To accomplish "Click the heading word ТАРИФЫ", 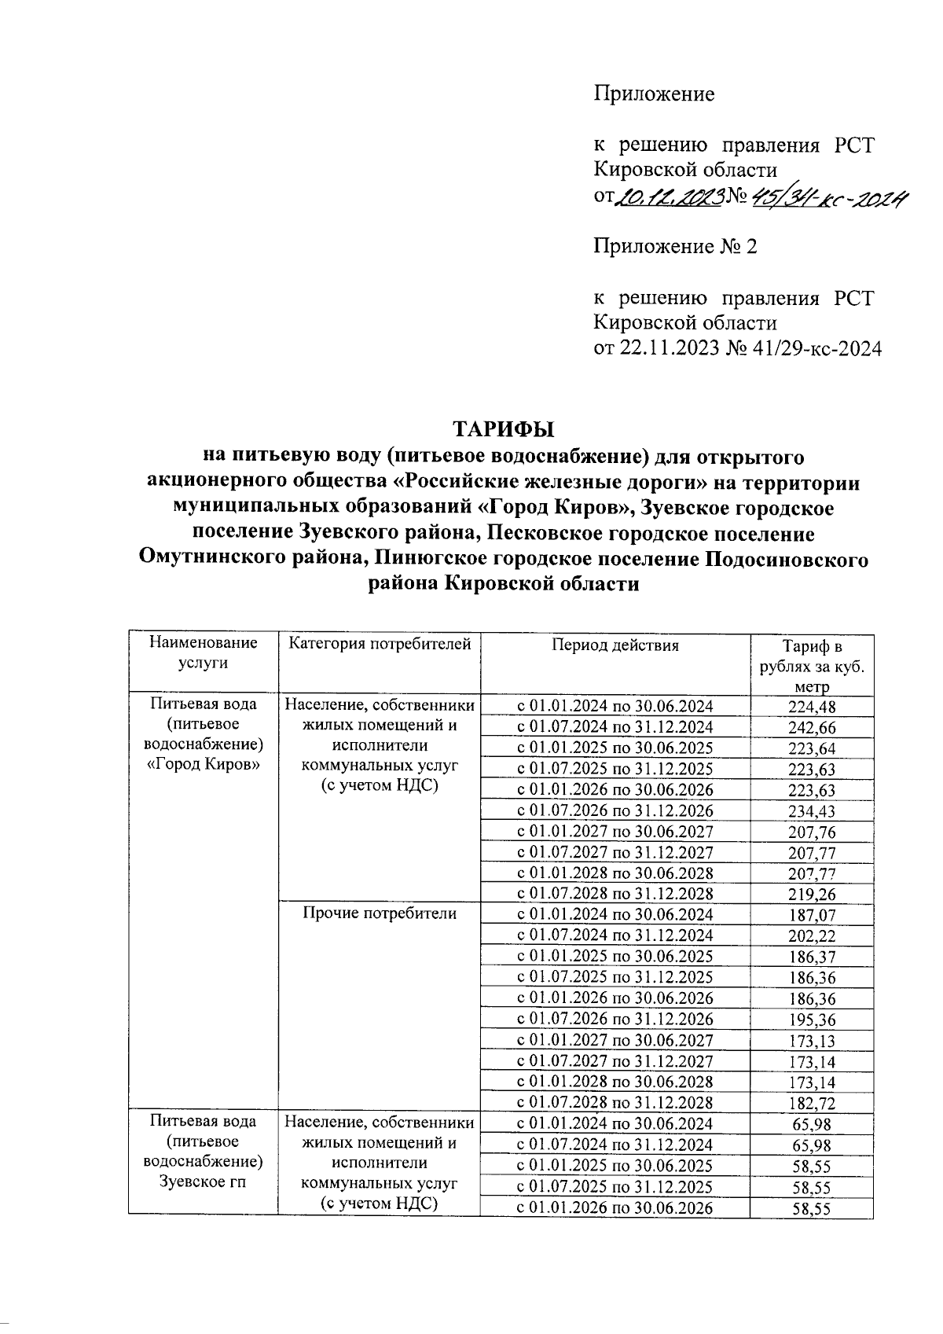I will (503, 429).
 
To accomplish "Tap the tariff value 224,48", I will (812, 707).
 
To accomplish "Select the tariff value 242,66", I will (812, 728).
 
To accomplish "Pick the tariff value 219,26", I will (812, 895).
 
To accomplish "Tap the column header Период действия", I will (615, 645).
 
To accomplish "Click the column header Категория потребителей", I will (380, 645).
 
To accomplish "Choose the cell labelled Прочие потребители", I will (380, 913).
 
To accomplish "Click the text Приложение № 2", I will (675, 247).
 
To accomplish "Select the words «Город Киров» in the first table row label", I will (204, 764).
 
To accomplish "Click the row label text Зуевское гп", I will (204, 1181).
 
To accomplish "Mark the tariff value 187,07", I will (812, 916).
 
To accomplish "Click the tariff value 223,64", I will (812, 748).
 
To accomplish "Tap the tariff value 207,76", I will (812, 832).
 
